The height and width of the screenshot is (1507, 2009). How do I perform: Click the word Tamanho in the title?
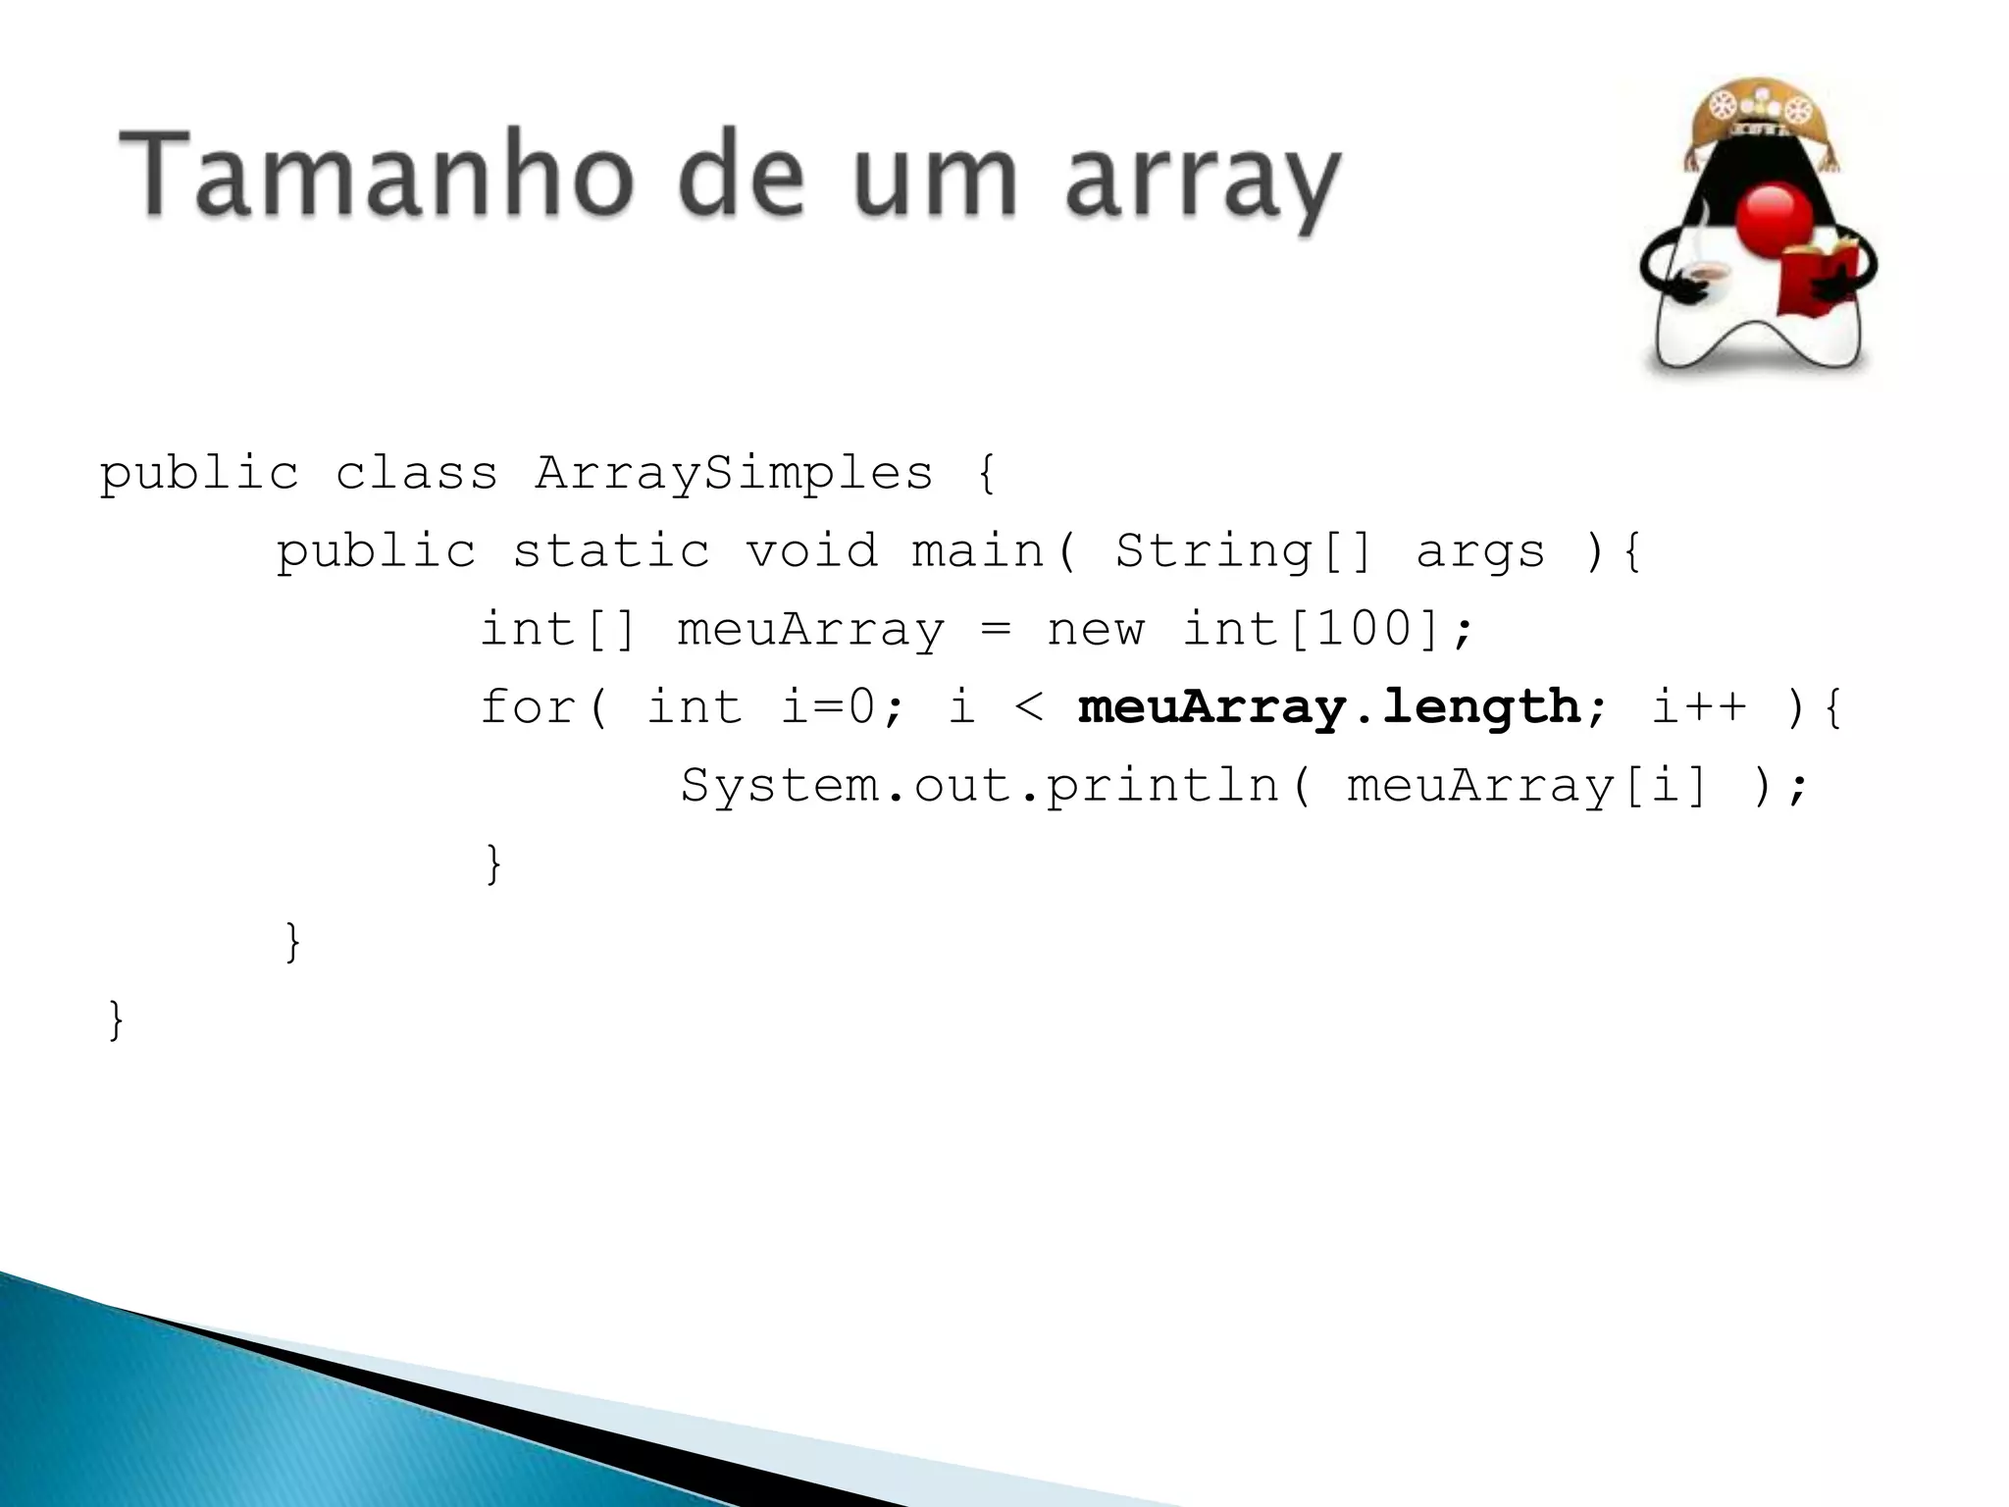[x=373, y=177]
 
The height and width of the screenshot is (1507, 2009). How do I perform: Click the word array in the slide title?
[x=1203, y=182]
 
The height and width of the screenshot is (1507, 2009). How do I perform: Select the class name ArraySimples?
[x=734, y=473]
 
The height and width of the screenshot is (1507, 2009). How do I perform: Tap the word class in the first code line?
[x=417, y=473]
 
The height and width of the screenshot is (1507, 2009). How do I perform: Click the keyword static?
[x=611, y=550]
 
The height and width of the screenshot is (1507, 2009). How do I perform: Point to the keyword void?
[x=811, y=550]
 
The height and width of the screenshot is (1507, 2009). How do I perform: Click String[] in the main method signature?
[x=1244, y=550]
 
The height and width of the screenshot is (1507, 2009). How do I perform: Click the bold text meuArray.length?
[x=1329, y=707]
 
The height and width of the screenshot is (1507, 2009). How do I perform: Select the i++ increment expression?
[x=1699, y=707]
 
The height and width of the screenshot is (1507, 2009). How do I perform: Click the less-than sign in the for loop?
[x=1029, y=707]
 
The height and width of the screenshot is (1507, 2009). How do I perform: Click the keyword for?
[x=528, y=707]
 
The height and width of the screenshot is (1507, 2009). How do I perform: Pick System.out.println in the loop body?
[x=980, y=786]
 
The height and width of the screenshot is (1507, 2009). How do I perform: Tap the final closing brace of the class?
[x=116, y=1019]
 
